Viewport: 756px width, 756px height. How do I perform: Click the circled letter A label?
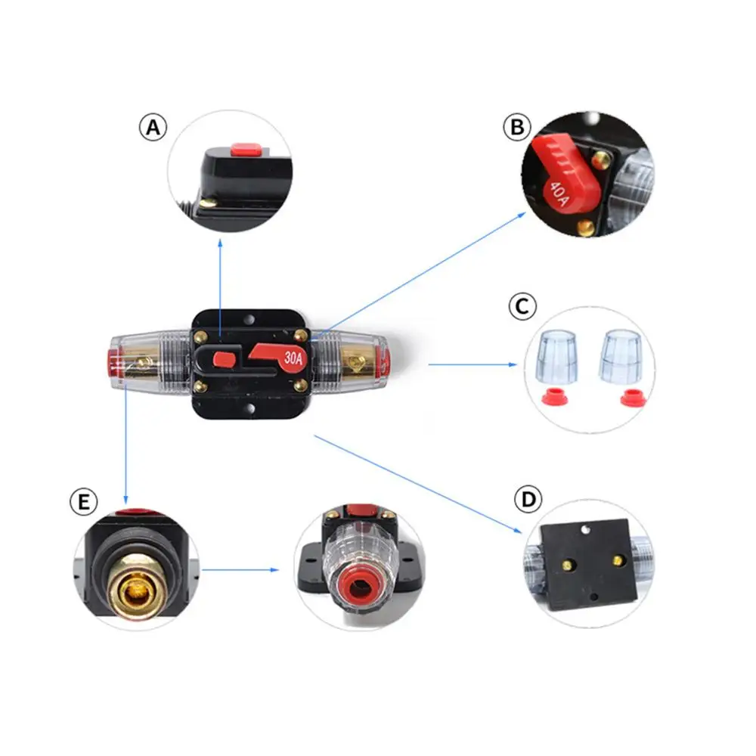tap(153, 127)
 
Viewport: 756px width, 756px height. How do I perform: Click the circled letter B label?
tap(517, 127)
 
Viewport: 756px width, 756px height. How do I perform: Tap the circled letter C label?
tap(522, 306)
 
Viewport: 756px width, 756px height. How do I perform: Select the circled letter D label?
tap(528, 499)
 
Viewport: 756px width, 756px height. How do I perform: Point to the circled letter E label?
tap(83, 502)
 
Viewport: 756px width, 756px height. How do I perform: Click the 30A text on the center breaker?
tap(293, 358)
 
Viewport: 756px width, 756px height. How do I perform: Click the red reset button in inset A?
tap(246, 150)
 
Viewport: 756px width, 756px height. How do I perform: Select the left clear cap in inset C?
tap(557, 356)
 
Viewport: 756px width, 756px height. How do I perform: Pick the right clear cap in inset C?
tap(621, 356)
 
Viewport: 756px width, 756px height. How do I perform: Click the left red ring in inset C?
tap(555, 398)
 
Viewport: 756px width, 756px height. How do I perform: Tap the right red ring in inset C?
tap(633, 398)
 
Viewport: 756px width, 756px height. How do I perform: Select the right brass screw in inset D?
tap(618, 559)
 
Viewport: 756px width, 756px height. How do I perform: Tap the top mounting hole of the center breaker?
tap(249, 319)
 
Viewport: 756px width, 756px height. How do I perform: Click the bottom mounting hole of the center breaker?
tap(250, 409)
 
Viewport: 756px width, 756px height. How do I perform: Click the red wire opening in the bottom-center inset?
tap(359, 588)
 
